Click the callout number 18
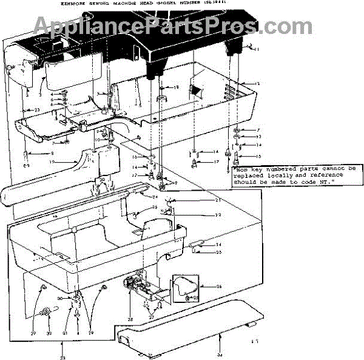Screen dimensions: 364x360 (177, 87)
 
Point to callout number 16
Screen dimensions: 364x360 (135, 157)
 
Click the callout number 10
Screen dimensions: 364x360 (96, 140)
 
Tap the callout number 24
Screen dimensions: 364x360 (155, 197)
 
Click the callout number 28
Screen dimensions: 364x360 (130, 319)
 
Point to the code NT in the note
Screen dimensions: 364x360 (319, 181)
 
